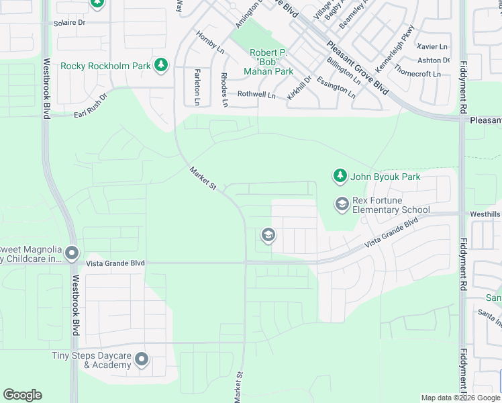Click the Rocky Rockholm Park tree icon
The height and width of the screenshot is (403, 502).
click(x=160, y=65)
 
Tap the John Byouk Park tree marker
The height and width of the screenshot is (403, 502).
click(x=340, y=177)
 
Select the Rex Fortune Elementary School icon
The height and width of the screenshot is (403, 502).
click(x=342, y=204)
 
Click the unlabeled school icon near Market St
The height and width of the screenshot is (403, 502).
click(x=268, y=235)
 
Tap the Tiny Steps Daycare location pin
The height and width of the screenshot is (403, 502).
click(x=142, y=359)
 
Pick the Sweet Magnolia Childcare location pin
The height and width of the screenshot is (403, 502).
click(x=72, y=254)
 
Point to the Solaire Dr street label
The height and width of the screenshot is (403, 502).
click(x=70, y=22)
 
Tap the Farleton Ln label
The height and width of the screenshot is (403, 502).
click(x=197, y=87)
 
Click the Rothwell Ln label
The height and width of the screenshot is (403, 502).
click(x=256, y=95)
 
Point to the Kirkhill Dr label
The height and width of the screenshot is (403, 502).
click(x=299, y=88)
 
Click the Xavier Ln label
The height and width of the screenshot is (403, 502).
click(x=432, y=46)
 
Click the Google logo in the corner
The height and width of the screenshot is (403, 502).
click(x=22, y=395)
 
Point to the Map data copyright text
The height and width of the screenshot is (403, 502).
click(x=460, y=398)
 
